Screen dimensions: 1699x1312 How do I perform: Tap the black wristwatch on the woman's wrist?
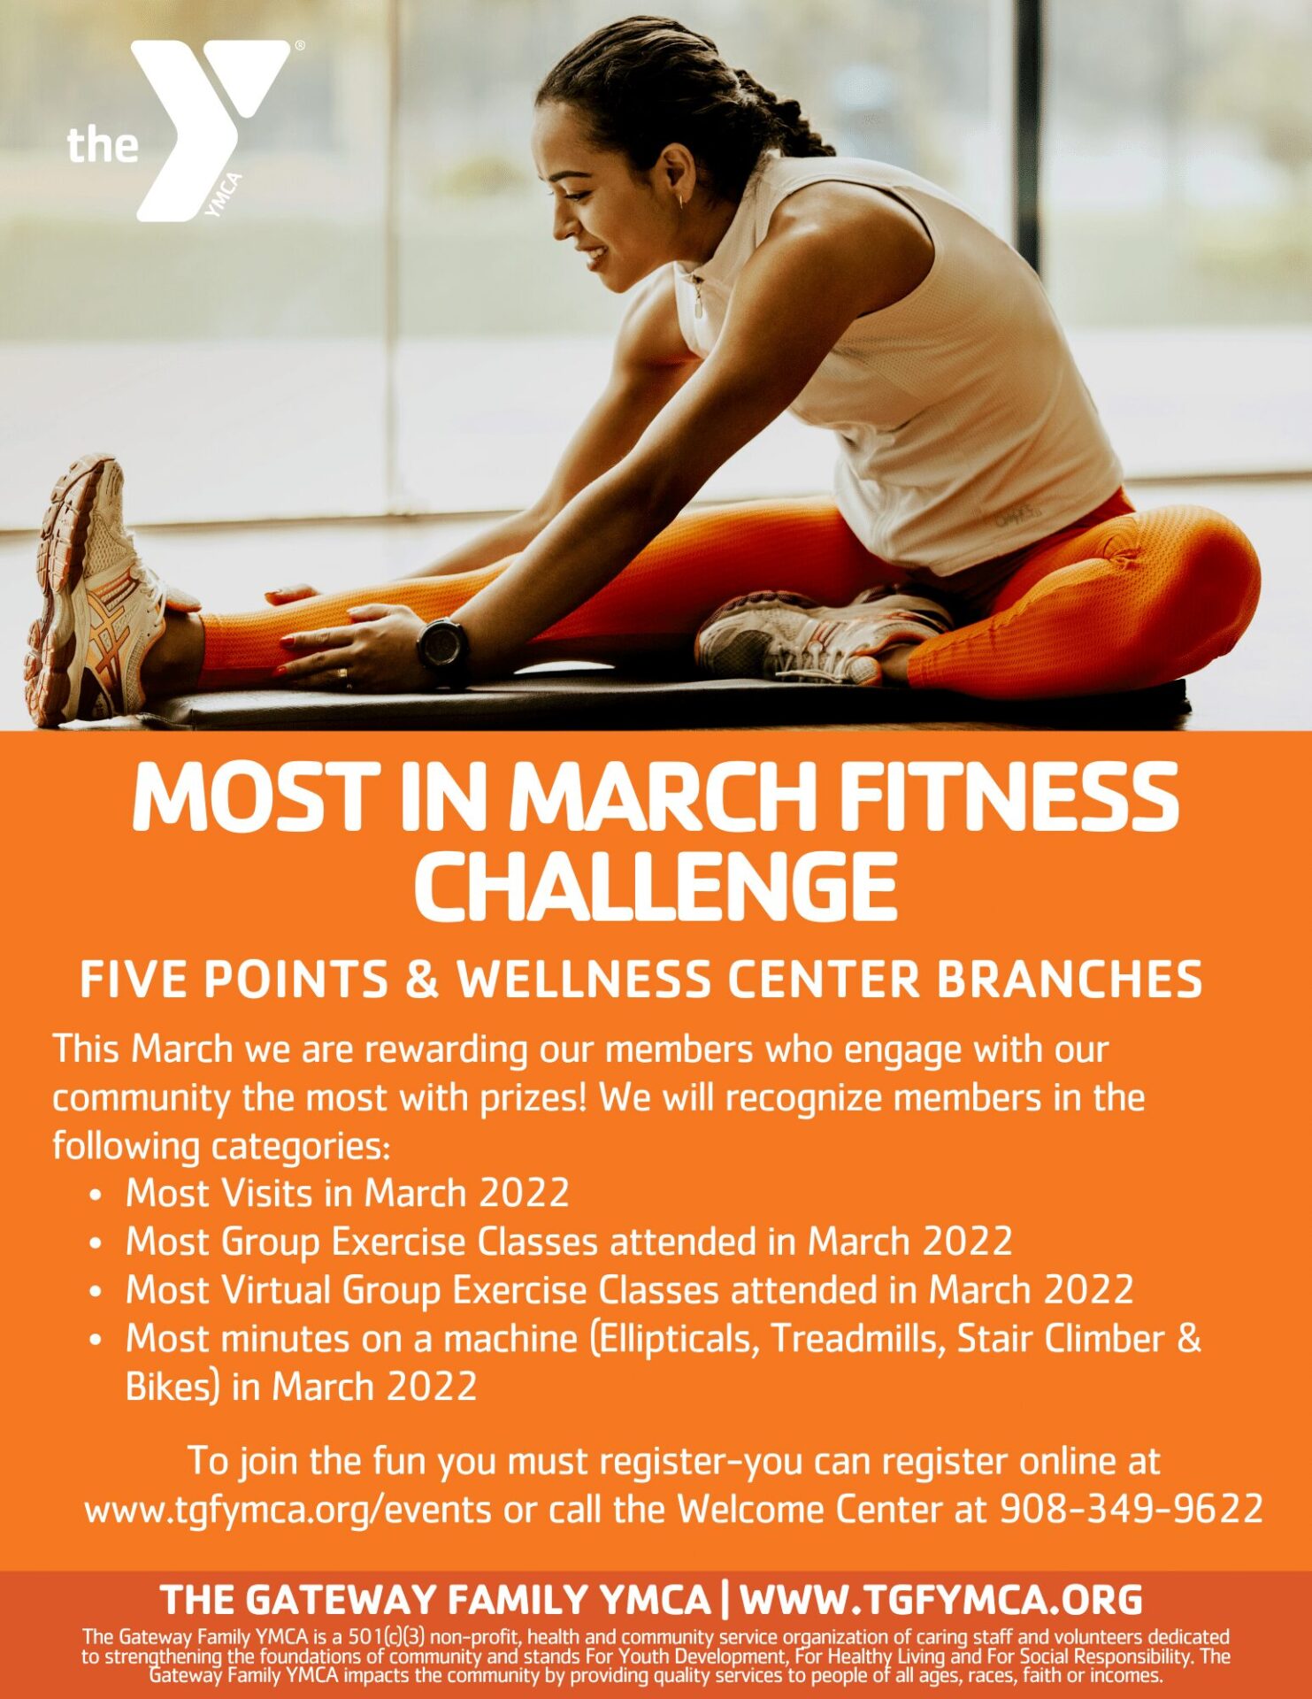(x=442, y=646)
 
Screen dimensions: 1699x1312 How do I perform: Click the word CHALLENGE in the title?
(x=656, y=886)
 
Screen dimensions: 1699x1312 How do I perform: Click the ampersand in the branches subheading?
(x=422, y=980)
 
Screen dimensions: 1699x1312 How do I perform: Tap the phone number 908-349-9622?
(x=1131, y=1509)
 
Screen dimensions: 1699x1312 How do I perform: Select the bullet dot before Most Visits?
(x=96, y=1195)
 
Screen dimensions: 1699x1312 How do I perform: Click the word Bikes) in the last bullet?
(x=172, y=1387)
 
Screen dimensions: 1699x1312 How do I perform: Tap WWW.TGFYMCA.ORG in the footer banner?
(x=940, y=1600)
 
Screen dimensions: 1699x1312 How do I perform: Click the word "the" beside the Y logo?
(x=103, y=144)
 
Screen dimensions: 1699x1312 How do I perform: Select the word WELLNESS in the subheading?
(x=584, y=980)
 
